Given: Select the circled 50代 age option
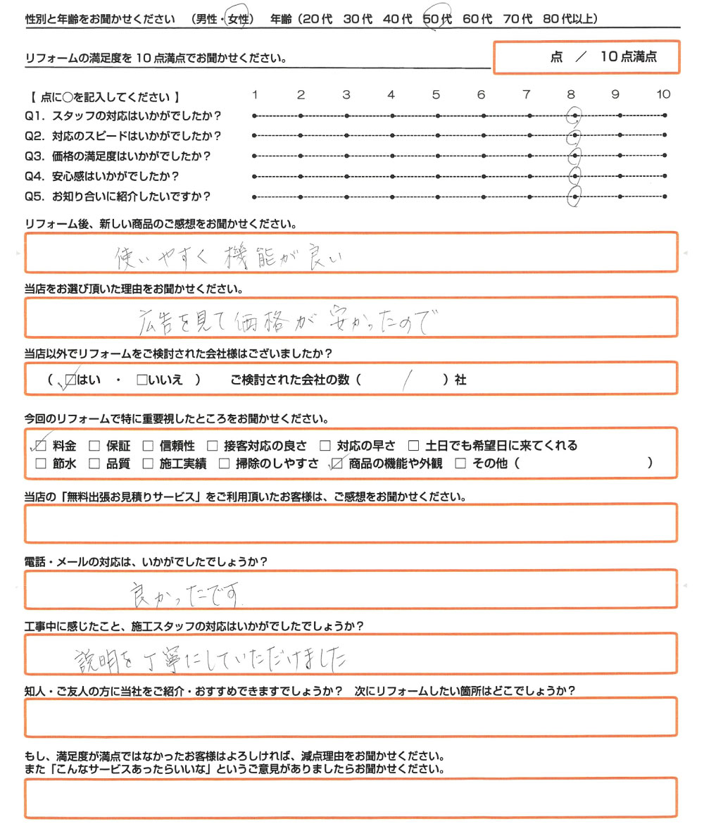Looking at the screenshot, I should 436,20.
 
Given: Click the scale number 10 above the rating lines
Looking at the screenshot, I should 663,94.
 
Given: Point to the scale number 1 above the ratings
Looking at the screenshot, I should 255,94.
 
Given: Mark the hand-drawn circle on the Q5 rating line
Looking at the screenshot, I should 575,198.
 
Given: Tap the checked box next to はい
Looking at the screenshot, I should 70,380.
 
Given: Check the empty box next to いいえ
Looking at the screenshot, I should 142,380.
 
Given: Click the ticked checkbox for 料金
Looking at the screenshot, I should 40,445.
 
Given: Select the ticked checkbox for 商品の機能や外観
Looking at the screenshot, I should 336,463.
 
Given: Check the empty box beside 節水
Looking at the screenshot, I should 40,463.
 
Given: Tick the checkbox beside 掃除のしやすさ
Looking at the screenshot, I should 224,463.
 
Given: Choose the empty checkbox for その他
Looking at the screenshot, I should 460,463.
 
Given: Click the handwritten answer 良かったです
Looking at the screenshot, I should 187,596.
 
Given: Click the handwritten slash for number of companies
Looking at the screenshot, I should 406,381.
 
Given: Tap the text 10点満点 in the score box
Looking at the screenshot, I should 629,58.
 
